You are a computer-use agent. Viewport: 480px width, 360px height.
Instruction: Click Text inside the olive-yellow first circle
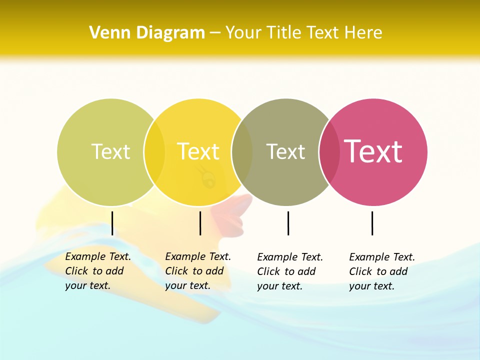[x=110, y=151]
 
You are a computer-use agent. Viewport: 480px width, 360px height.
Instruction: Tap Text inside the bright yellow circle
[x=198, y=151]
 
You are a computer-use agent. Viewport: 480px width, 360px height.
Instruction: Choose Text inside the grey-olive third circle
[x=285, y=151]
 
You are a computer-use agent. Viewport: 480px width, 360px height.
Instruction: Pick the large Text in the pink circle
[x=373, y=151]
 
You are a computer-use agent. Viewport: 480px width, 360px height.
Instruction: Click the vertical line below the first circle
[x=112, y=223]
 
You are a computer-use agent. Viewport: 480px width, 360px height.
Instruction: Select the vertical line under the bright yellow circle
[x=200, y=223]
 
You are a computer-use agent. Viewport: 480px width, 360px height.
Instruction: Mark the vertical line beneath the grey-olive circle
[x=288, y=223]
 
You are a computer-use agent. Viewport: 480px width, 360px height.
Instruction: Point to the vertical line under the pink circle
[x=372, y=223]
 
